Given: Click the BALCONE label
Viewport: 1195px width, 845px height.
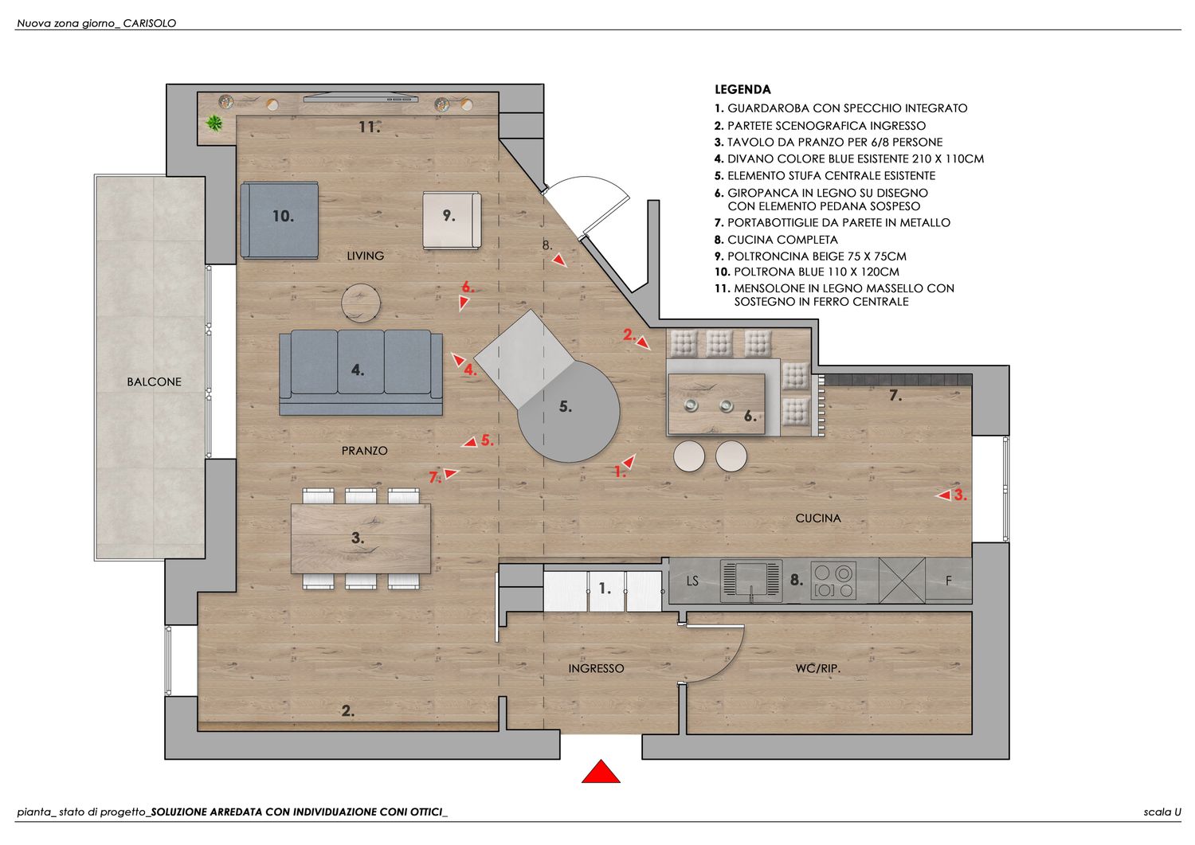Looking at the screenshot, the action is (x=154, y=381).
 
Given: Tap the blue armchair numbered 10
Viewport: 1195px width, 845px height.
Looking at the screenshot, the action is (x=279, y=220).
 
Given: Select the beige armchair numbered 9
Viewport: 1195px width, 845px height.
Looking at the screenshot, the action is (x=452, y=220).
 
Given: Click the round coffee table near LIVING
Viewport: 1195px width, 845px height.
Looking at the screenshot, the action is (x=361, y=303).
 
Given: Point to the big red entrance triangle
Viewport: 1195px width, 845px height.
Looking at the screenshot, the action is (x=601, y=772).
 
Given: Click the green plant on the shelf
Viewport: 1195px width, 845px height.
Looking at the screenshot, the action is (x=214, y=123).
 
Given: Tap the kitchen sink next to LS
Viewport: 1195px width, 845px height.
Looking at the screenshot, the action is (x=751, y=581).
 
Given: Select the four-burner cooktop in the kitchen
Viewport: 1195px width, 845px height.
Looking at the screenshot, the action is (x=833, y=581).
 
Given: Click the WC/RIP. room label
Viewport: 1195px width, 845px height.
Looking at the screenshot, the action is (x=818, y=668).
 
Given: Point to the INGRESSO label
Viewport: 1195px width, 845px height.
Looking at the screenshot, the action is (x=596, y=668).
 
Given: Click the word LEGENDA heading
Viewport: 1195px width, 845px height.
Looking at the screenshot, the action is (x=742, y=90).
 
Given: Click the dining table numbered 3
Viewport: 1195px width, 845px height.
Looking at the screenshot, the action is (x=361, y=538).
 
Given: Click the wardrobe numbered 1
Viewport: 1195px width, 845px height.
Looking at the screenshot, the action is (x=603, y=590).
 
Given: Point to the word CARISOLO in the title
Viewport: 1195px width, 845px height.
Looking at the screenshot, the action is (x=150, y=23).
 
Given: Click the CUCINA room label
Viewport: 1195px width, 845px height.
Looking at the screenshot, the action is (x=818, y=518).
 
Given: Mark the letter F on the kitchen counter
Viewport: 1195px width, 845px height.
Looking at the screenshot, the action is (x=948, y=581).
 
